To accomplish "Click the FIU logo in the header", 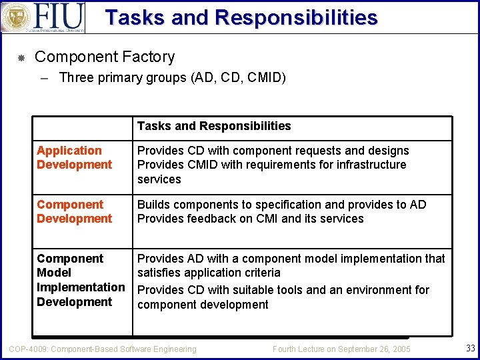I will click(43, 17).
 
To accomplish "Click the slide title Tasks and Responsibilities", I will click(241, 17).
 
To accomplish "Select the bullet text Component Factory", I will click(105, 57).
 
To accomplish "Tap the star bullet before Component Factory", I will click(21, 58).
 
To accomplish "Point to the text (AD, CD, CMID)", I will click(238, 78).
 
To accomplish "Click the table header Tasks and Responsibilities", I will click(214, 126).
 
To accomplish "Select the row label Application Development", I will click(74, 158).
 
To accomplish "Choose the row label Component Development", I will click(74, 211).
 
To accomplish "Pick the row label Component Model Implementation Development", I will click(80, 280).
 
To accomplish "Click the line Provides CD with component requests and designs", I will click(273, 151).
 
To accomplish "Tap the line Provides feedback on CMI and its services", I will click(250, 219).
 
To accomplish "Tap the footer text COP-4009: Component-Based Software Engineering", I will click(102, 349).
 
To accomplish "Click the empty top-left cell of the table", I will click(83, 128).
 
